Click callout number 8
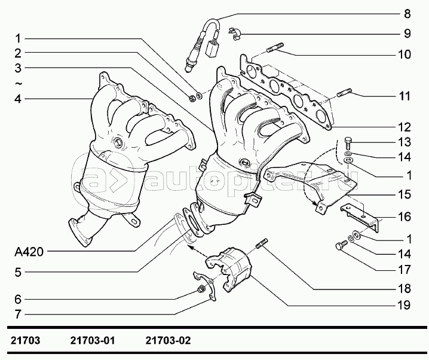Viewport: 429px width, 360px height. tap(407, 14)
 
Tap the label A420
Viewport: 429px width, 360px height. tap(29, 252)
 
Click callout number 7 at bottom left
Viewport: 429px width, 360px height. tap(18, 315)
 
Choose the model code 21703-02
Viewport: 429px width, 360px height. tap(168, 341)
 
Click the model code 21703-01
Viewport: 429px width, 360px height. tap(93, 341)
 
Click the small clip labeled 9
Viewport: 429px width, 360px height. tap(234, 33)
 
